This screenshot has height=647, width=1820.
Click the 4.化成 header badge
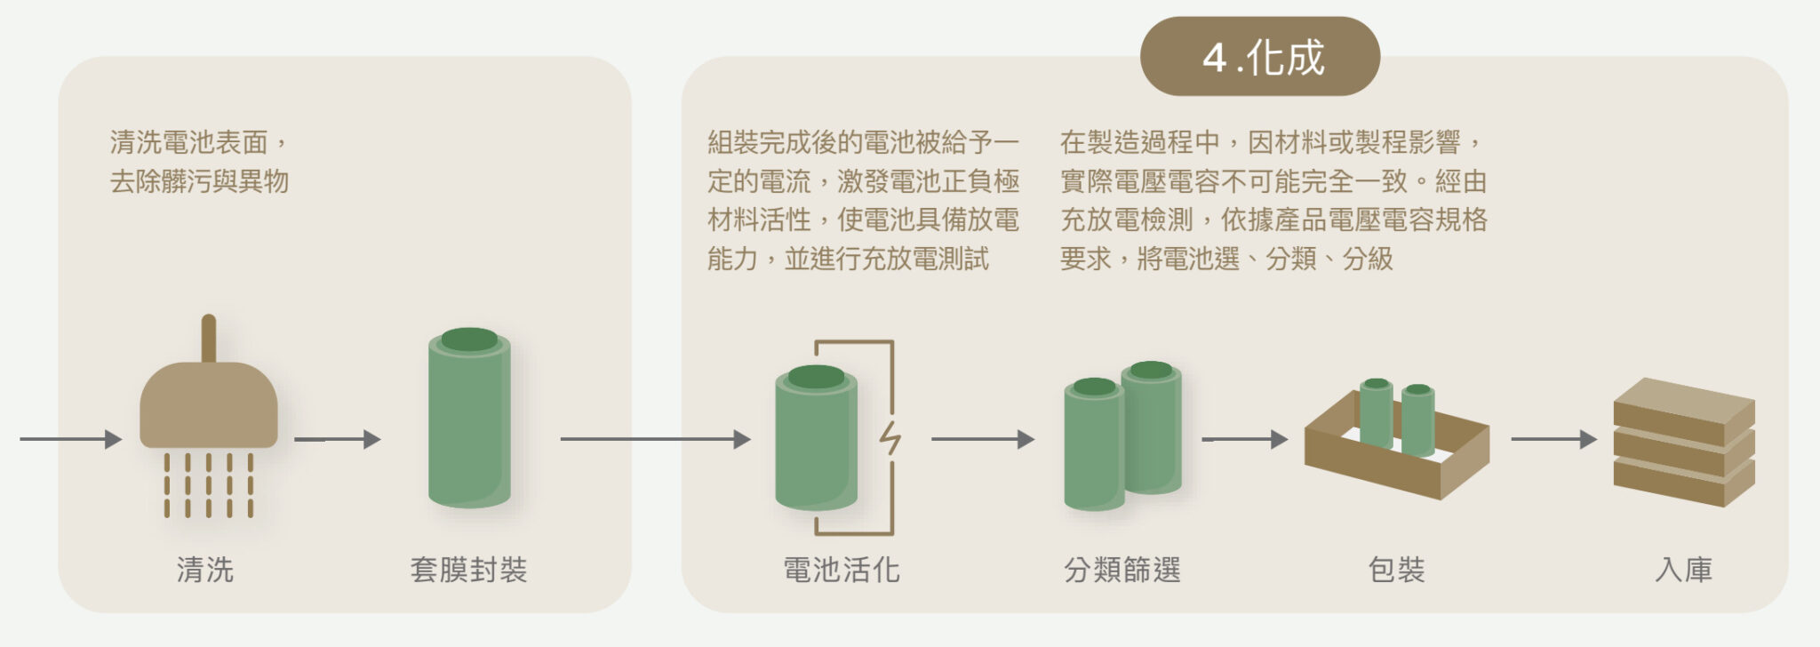pyautogui.click(x=1259, y=57)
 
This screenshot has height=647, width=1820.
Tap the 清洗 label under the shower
pyautogui.click(x=205, y=570)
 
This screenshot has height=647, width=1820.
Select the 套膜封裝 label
pyautogui.click(x=468, y=570)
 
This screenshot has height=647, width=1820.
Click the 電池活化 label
pyautogui.click(x=841, y=570)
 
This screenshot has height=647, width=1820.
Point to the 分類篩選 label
pyautogui.click(x=1122, y=570)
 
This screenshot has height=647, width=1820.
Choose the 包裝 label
pyautogui.click(x=1396, y=570)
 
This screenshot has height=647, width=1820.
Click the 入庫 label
pyautogui.click(x=1683, y=570)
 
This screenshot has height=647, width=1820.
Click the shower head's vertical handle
pyautogui.click(x=209, y=338)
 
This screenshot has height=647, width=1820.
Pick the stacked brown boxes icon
pyautogui.click(x=1683, y=443)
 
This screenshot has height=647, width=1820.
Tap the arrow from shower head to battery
pyautogui.click(x=337, y=439)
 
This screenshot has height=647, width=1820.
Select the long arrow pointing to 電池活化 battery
pyautogui.click(x=655, y=439)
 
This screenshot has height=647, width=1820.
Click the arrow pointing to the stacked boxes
pyautogui.click(x=1553, y=439)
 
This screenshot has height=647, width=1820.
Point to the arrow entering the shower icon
pyautogui.click(x=70, y=439)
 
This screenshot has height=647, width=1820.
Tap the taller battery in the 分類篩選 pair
pyautogui.click(x=1152, y=431)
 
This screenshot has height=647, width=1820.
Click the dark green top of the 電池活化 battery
pyautogui.click(x=816, y=377)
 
